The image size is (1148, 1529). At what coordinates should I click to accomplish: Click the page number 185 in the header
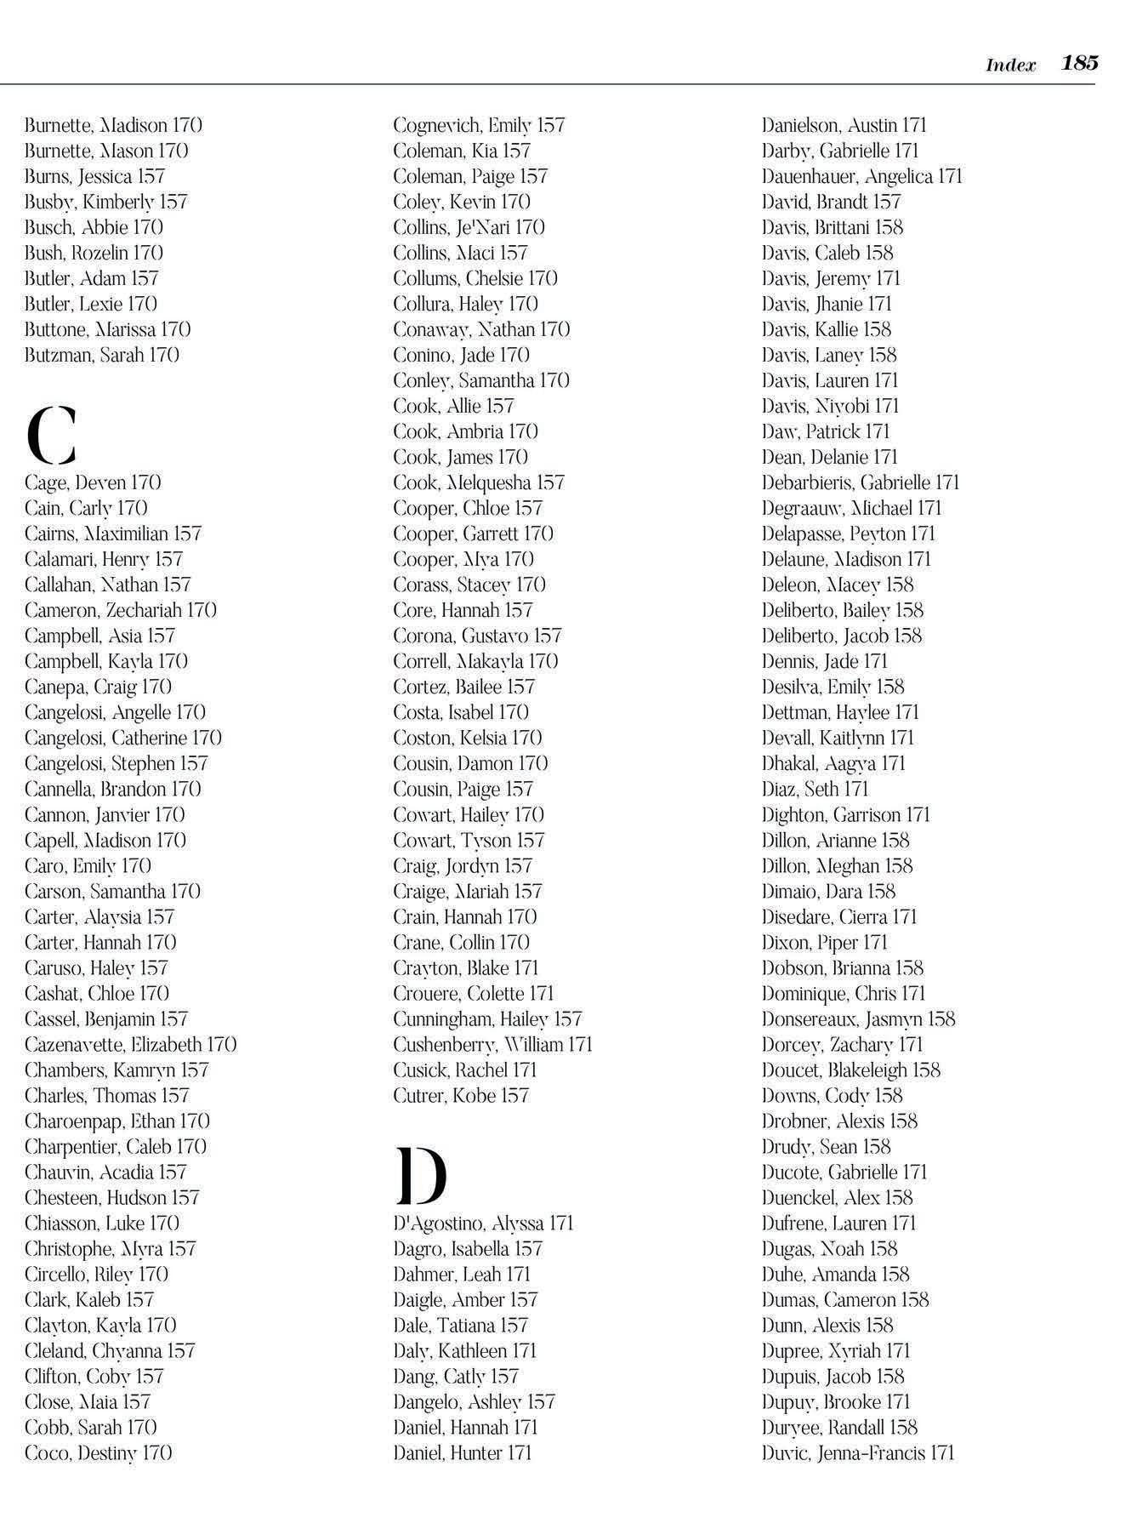[x=1080, y=63]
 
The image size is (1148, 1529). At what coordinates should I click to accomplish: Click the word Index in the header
[x=1010, y=66]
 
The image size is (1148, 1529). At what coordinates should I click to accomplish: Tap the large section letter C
[x=51, y=435]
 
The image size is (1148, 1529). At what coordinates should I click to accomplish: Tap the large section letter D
[x=421, y=1176]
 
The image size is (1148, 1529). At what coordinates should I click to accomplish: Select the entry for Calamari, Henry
[x=104, y=559]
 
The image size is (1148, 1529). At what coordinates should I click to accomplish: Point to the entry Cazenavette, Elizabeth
[x=130, y=1044]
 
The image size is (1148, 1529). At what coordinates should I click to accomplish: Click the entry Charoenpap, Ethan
[x=117, y=1121]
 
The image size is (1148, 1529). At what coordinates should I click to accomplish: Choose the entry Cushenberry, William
[x=492, y=1044]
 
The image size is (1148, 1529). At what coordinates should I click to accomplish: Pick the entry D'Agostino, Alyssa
[x=483, y=1223]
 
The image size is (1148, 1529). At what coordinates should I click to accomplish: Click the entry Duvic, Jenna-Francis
[x=858, y=1452]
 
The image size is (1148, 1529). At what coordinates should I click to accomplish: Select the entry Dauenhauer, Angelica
[x=861, y=176]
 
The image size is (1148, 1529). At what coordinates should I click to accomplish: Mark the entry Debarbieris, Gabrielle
[x=861, y=482]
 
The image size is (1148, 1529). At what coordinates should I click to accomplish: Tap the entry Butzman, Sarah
[x=102, y=355]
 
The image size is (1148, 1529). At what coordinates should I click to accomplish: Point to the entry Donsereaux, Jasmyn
[x=858, y=1018]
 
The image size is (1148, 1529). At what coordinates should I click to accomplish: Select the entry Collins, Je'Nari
[x=469, y=227]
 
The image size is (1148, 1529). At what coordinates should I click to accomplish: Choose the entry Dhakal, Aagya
[x=833, y=763]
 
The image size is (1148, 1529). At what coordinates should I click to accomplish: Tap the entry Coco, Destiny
[x=98, y=1452]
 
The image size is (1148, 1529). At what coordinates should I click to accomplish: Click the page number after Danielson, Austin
[x=914, y=125]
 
